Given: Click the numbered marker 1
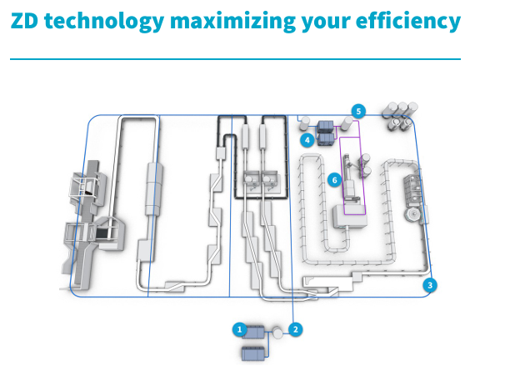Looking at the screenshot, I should pyautogui.click(x=240, y=329).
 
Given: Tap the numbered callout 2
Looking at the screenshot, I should pyautogui.click(x=294, y=329).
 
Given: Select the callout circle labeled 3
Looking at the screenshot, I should pyautogui.click(x=430, y=285).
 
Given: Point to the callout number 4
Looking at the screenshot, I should pyautogui.click(x=308, y=141).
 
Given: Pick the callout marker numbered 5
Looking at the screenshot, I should pyautogui.click(x=358, y=110).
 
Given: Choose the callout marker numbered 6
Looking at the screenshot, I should pyautogui.click(x=333, y=178).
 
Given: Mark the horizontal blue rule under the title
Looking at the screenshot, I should pyautogui.click(x=235, y=60).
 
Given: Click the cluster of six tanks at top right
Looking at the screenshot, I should pyautogui.click(x=398, y=115).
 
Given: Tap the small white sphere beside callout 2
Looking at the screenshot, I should pyautogui.click(x=277, y=332).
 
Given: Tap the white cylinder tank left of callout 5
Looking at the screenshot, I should pyautogui.click(x=342, y=123).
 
